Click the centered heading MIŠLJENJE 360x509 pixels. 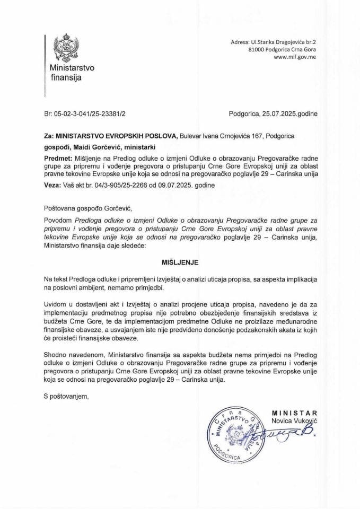[x=180, y=262]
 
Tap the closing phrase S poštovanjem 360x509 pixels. [x=67, y=395]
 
